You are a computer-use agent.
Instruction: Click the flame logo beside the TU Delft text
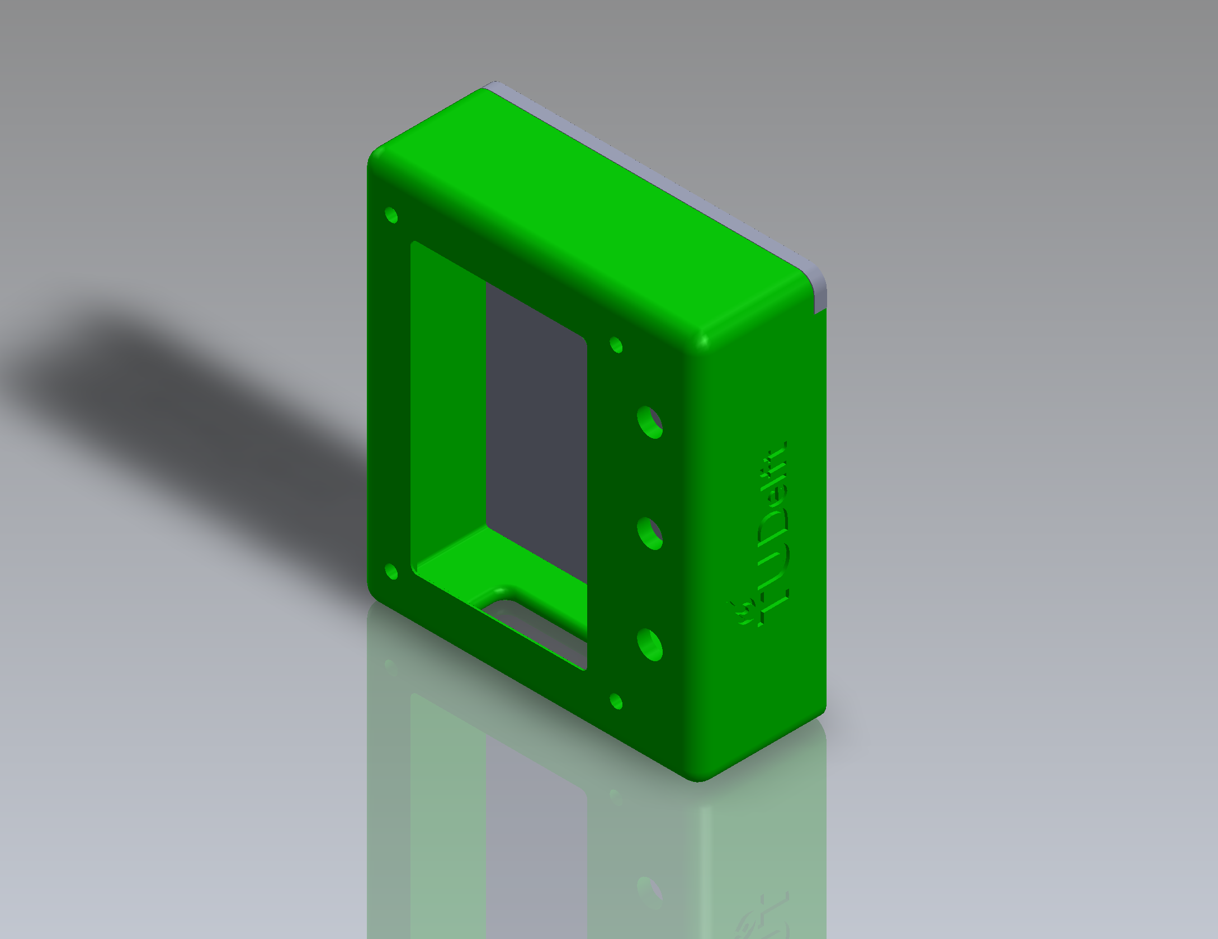[x=747, y=613]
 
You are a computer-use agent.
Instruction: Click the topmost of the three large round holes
[x=650, y=423]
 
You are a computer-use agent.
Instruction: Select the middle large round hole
[x=650, y=534]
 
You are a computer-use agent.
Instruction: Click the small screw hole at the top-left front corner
[x=391, y=215]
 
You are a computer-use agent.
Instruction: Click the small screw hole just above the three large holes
[x=616, y=344]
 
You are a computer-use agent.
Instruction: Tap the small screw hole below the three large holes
[x=616, y=701]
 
